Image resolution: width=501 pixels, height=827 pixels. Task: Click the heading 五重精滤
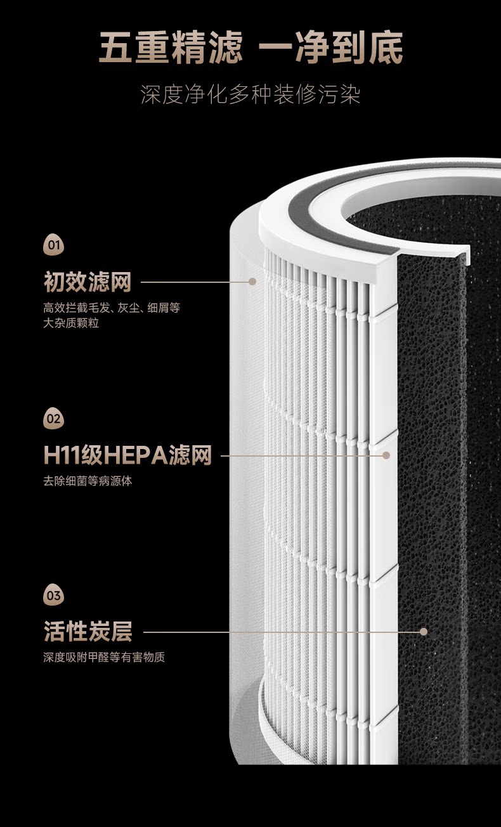pos(171,49)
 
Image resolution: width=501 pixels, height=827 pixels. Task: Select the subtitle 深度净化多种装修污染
pos(251,95)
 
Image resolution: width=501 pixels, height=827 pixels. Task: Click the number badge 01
pos(54,245)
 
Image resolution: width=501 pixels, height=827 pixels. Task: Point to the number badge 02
pos(54,419)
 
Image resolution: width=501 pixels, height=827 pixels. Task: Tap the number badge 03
pos(54,596)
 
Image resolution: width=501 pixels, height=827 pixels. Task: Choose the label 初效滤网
pos(88,282)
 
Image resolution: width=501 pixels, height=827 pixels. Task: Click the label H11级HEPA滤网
pos(127,455)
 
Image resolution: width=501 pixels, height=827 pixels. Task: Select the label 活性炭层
pos(88,632)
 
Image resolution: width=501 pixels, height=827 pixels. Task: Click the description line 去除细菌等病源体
pos(88,481)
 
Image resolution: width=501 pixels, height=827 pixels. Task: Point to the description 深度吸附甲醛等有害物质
pos(104,658)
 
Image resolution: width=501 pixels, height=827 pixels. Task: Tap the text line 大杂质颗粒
pos(71,323)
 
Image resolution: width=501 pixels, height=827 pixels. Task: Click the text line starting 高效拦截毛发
pos(112,308)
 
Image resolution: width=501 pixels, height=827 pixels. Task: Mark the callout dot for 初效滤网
pos(252,281)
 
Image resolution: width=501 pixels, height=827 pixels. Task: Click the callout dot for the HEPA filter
pos(386,455)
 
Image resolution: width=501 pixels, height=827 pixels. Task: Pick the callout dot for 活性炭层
pos(424,632)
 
